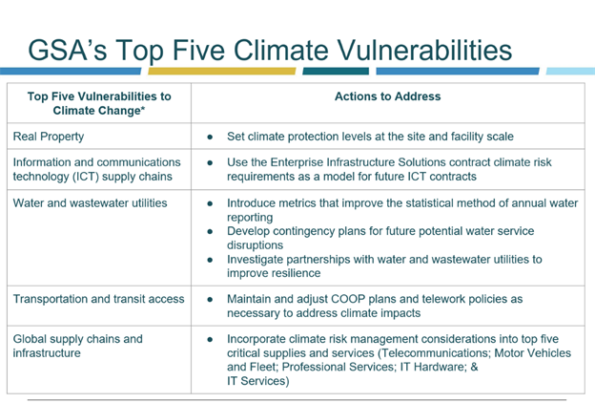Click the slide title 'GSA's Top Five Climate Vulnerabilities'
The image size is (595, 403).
click(270, 51)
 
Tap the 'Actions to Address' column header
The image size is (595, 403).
click(387, 96)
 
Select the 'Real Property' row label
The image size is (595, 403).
click(49, 137)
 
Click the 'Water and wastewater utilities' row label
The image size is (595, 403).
click(90, 203)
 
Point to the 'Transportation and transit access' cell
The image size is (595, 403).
click(98, 299)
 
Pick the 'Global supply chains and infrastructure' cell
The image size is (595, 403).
click(78, 346)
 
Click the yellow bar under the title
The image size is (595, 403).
click(221, 71)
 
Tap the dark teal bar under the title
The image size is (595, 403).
click(336, 71)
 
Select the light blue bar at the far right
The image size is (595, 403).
click(570, 71)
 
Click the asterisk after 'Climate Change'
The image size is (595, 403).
click(143, 109)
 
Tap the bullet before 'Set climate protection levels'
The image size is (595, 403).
click(210, 137)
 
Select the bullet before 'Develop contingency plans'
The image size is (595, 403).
click(210, 231)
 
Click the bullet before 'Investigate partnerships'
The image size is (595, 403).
click(210, 260)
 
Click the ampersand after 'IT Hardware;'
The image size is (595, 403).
click(474, 368)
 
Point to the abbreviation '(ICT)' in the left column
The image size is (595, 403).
click(86, 177)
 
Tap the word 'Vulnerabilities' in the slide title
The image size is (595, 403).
click(424, 51)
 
